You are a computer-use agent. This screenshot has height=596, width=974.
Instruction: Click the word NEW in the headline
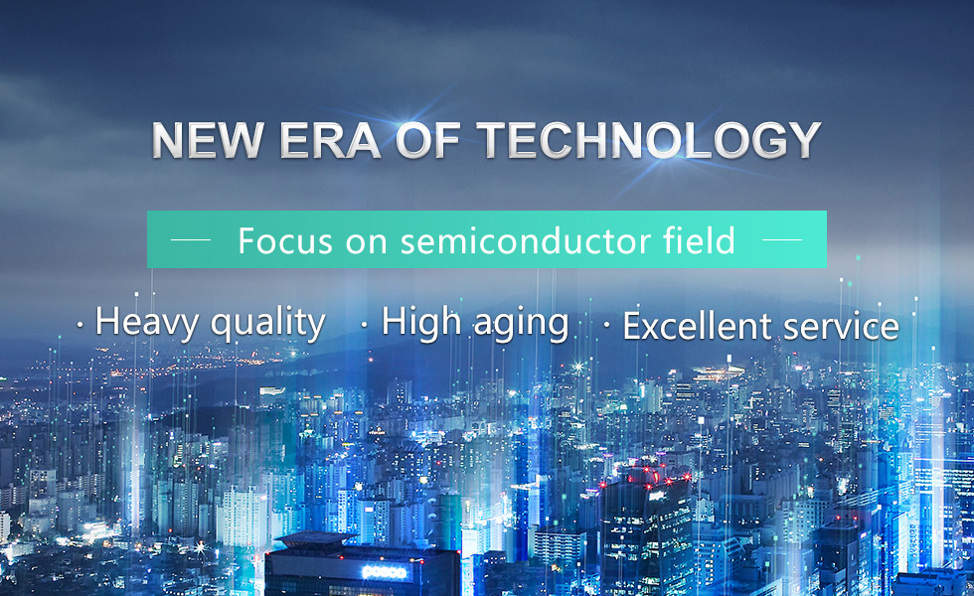[x=208, y=140]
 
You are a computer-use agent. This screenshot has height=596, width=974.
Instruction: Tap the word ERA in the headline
[x=330, y=140]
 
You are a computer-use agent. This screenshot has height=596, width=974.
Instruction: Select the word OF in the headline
[x=428, y=140]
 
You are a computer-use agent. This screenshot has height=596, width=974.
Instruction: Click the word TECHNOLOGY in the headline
[x=649, y=140]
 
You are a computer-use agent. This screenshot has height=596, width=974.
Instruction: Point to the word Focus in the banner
[x=286, y=240]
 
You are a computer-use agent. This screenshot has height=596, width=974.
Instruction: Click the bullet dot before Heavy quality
[x=80, y=324]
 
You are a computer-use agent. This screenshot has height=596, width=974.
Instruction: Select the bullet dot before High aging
[x=364, y=324]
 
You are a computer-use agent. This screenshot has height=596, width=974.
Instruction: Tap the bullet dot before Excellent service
[x=606, y=324]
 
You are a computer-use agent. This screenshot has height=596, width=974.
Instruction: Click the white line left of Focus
[x=191, y=239]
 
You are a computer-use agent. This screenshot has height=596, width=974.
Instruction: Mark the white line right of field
[x=782, y=239]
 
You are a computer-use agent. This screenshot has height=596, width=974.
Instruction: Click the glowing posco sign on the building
[x=385, y=572]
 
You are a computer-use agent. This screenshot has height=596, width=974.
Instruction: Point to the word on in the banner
[x=367, y=242]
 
